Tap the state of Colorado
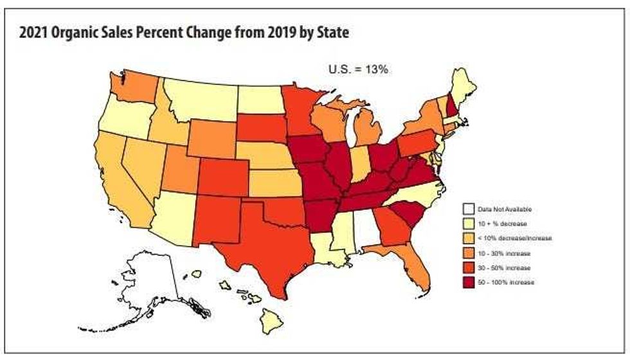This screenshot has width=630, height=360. coord(222,174)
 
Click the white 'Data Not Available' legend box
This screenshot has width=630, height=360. coord(469,209)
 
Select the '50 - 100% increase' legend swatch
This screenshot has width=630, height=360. coord(469,282)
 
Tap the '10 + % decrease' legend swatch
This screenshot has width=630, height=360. coord(469,223)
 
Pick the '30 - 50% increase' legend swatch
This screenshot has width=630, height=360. coord(469,267)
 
